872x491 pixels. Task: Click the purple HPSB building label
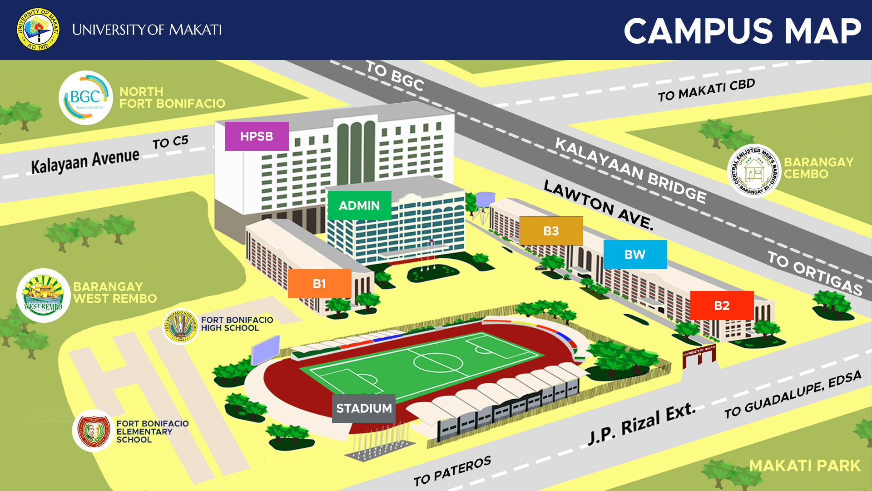pos(257,136)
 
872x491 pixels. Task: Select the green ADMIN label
pos(359,205)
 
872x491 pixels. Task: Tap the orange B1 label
pos(319,284)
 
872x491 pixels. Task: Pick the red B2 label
pos(722,306)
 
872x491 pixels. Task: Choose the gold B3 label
pos(551,231)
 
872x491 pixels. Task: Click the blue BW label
pos(635,255)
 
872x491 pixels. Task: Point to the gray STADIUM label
pos(364,408)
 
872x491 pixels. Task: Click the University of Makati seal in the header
pos(38,30)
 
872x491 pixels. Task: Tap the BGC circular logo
pos(86,98)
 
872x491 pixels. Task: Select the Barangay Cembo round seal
pos(754,171)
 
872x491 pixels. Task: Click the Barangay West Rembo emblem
pos(44,296)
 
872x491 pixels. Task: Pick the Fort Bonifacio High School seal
pos(181,326)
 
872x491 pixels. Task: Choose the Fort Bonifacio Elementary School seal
pos(93,431)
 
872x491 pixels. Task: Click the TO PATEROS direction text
pos(452,471)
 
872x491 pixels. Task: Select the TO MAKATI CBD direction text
pos(706,90)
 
